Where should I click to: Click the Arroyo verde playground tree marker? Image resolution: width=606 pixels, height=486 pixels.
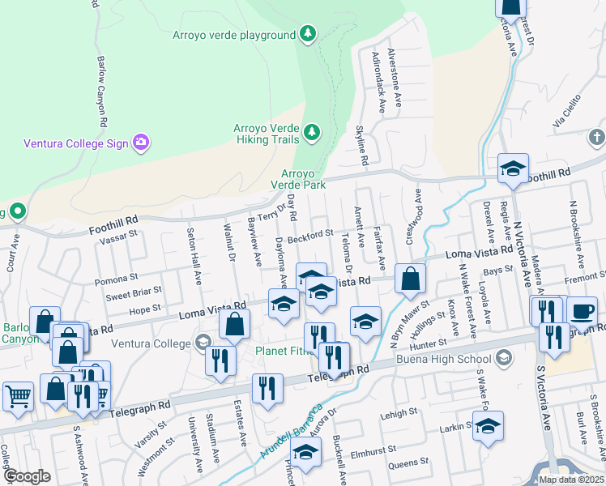307,34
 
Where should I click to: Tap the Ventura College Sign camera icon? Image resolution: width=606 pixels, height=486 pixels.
142,143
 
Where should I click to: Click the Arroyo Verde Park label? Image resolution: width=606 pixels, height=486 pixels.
303,179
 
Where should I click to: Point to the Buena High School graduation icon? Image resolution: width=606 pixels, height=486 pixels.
503,358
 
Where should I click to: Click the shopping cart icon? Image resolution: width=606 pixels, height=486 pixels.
17,396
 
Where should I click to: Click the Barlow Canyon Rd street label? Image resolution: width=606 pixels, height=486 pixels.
103,90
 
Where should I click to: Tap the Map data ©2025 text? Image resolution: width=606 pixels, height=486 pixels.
571,480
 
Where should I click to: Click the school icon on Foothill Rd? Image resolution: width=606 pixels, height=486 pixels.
513,169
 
